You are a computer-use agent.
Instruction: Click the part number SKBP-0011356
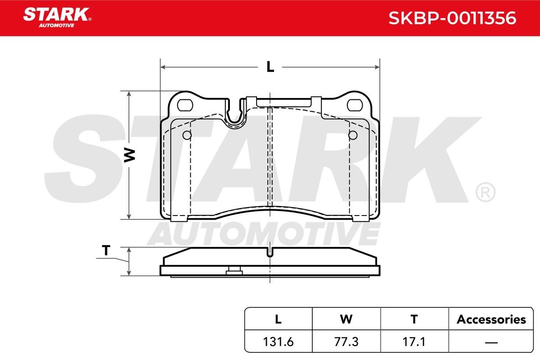[x=452, y=18]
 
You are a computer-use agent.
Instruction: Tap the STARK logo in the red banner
[x=57, y=18]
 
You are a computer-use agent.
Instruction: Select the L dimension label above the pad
[x=270, y=67]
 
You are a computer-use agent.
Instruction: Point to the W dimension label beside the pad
[x=130, y=155]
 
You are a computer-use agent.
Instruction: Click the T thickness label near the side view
[x=106, y=250]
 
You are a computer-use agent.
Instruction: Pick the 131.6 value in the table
[x=278, y=342]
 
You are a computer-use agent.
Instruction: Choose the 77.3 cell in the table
[x=346, y=342]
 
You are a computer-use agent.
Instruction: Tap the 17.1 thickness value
[x=414, y=342]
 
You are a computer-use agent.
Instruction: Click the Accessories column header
[x=491, y=319]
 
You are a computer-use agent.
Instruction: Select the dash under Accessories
[x=491, y=342]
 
